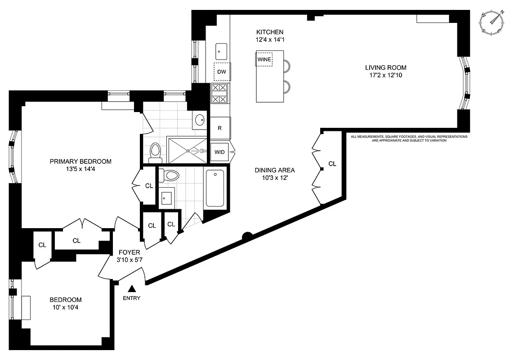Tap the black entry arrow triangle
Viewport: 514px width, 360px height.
tap(132, 288)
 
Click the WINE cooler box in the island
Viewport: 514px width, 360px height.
tap(265, 58)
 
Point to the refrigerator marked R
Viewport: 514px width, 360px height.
tap(220, 128)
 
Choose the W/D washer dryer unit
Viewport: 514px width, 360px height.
tap(219, 153)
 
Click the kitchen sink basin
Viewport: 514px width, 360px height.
tap(221, 52)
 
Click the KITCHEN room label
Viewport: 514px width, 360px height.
tap(270, 32)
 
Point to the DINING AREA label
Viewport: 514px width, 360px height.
tap(275, 170)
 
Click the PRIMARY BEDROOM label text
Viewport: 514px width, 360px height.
tap(80, 162)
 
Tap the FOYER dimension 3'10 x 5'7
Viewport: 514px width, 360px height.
tap(130, 260)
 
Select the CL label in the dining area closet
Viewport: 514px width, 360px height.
tap(332, 164)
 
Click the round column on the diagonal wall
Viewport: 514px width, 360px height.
tap(246, 236)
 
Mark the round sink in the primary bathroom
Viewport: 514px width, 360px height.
tap(200, 120)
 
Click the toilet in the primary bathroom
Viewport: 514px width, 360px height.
tap(156, 152)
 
